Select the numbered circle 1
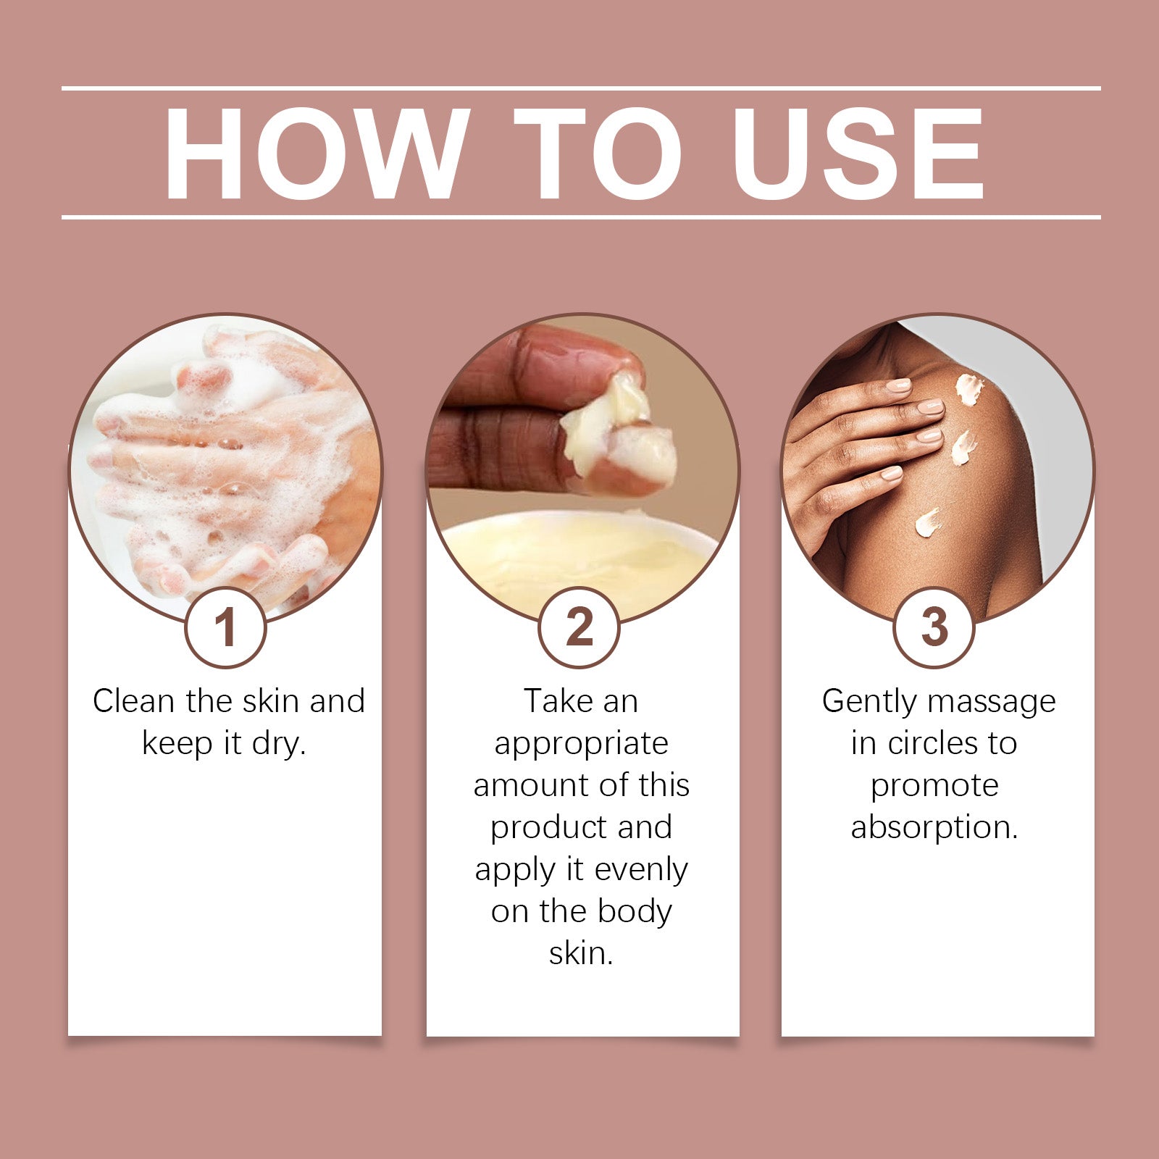(226, 627)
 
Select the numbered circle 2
(579, 627)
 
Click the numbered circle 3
(934, 627)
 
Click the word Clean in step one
(133, 701)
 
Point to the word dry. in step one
(279, 744)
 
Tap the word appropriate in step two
(581, 744)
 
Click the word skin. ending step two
(581, 953)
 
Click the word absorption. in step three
(934, 827)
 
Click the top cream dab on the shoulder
(969, 388)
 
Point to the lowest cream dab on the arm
(928, 522)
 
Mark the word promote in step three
(934, 786)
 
